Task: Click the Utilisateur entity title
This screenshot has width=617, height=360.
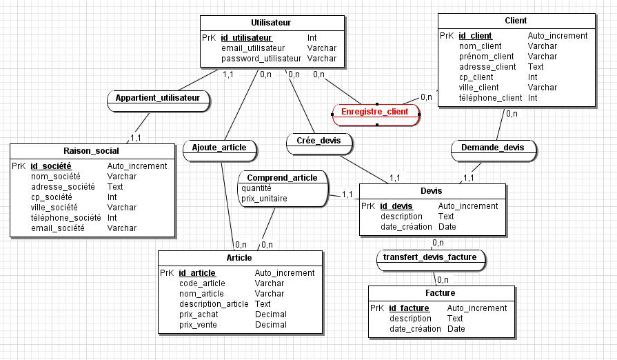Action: click(x=272, y=23)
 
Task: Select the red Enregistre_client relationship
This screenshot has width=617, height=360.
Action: click(x=376, y=111)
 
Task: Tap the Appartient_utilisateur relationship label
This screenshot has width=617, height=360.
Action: click(x=158, y=98)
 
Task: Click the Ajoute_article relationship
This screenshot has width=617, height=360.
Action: click(x=220, y=148)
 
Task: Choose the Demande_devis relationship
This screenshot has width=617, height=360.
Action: click(x=492, y=147)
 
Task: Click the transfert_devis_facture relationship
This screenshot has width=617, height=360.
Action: click(x=431, y=258)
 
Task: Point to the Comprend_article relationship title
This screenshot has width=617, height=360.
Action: click(x=282, y=177)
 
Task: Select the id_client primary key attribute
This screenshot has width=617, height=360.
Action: click(x=475, y=36)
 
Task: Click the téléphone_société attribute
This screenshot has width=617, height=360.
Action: click(x=65, y=217)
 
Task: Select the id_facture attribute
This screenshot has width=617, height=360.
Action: click(x=409, y=308)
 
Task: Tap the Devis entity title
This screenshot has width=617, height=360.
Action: click(x=432, y=190)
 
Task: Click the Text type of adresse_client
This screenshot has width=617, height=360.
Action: click(x=536, y=67)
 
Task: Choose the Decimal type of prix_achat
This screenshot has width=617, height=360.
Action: click(x=270, y=314)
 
